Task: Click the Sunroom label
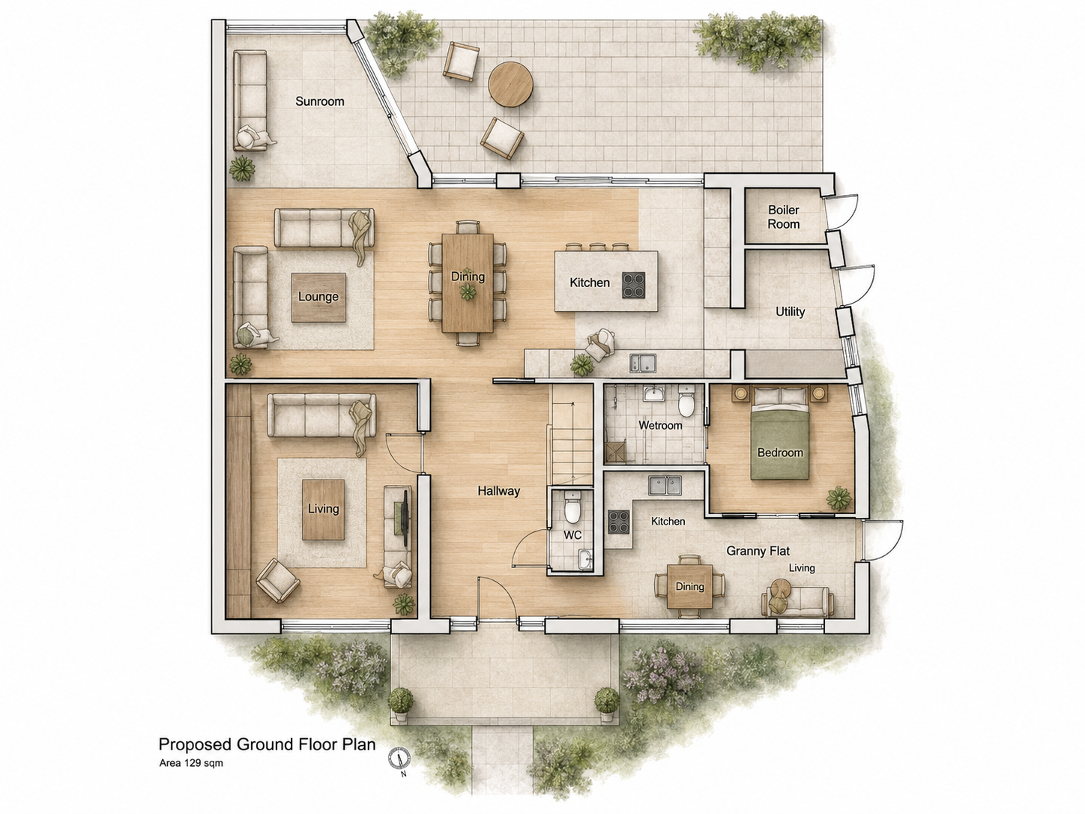(319, 101)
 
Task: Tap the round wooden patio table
(510, 84)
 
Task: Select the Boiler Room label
(784, 217)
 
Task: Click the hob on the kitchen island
(633, 285)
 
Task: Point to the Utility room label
(790, 312)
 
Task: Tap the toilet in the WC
(572, 507)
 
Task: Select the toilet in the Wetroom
(686, 401)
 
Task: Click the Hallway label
(499, 491)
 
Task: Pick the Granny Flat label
(758, 551)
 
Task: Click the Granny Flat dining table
(689, 586)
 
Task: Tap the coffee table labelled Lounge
(318, 297)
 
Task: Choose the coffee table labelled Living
(323, 509)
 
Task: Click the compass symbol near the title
(399, 759)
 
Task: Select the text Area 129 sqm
(191, 763)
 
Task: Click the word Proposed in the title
(195, 745)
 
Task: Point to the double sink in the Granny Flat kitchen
(665, 486)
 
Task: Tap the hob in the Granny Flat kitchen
(618, 522)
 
